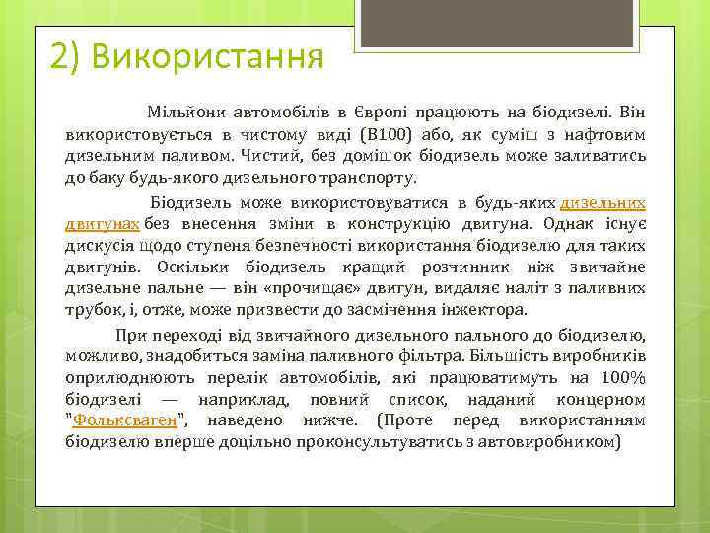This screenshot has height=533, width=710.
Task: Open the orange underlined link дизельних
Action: [x=603, y=202]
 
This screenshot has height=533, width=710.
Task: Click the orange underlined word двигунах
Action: [x=103, y=224]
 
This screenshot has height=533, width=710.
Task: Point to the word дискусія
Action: [x=100, y=247]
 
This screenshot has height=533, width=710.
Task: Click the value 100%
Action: [x=625, y=377]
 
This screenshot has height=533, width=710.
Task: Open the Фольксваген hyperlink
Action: [x=125, y=421]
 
